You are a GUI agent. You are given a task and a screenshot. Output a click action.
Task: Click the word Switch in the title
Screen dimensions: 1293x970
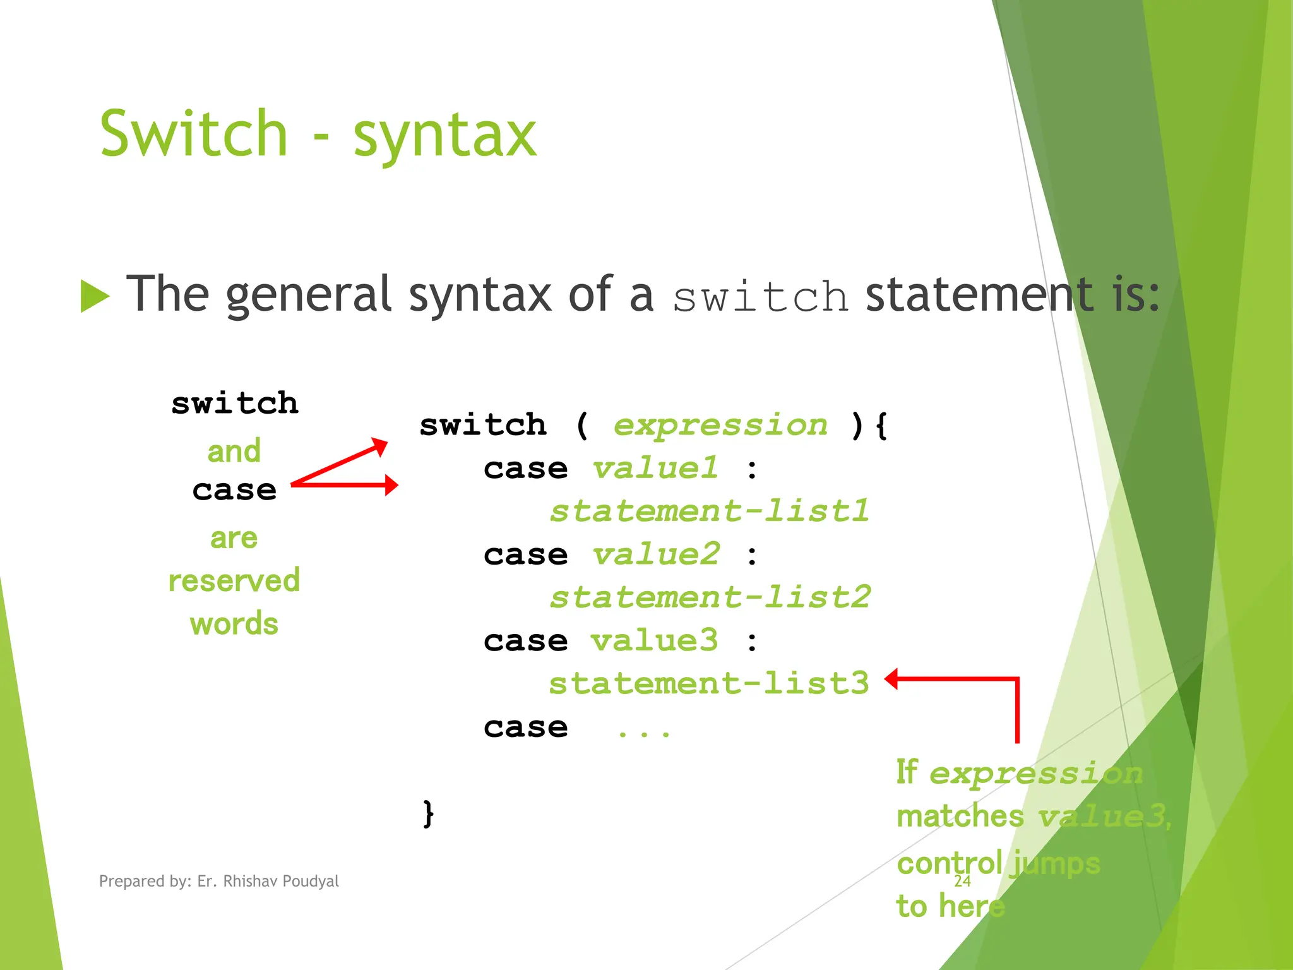(193, 134)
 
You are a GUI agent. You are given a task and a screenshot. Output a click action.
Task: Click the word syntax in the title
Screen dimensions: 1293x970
(444, 136)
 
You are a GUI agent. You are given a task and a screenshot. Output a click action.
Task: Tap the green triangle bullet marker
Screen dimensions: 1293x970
(95, 296)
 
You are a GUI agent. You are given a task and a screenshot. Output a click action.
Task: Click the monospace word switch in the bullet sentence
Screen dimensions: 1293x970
(760, 297)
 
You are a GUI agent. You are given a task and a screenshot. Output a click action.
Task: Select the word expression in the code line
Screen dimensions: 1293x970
(720, 425)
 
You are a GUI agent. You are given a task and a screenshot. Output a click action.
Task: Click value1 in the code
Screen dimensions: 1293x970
(655, 469)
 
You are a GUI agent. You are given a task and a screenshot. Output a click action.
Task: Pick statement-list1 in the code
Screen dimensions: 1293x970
(709, 511)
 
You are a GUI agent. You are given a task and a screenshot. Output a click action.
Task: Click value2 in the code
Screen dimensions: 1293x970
(656, 554)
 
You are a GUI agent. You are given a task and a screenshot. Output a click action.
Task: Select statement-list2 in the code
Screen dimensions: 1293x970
(710, 597)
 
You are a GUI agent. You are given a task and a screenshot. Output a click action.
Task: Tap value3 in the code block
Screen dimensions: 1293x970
(655, 641)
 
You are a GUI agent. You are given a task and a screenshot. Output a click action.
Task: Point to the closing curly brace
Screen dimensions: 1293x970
(428, 813)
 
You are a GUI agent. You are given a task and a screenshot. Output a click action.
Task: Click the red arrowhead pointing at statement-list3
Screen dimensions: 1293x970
(891, 680)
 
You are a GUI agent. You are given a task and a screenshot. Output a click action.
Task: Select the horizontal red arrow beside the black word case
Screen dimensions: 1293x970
(345, 485)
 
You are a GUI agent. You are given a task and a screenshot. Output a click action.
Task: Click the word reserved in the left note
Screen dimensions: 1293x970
(234, 581)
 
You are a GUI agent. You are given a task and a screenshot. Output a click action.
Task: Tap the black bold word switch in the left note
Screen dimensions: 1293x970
(234, 404)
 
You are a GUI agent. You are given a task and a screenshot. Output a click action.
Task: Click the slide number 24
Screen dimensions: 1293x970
(962, 881)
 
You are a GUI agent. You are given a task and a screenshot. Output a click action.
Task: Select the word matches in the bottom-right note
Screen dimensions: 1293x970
(960, 816)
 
